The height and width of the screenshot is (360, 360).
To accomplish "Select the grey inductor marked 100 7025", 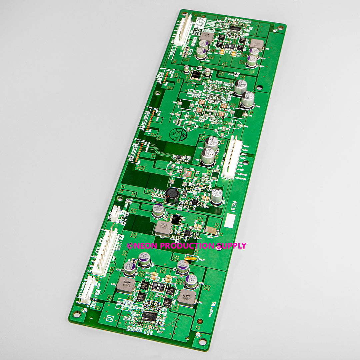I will [x=163, y=228].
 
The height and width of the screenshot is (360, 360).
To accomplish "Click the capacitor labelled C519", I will [x=130, y=268].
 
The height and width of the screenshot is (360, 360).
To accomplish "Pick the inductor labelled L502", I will [x=126, y=285].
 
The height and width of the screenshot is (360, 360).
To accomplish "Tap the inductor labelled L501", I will [x=186, y=296].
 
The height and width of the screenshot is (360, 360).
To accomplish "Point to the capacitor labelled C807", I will [x=248, y=99].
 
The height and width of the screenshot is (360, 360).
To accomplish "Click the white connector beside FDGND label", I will [x=232, y=157].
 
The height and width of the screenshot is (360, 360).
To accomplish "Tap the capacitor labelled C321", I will [x=201, y=53].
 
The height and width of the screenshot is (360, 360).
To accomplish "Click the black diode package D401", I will [x=176, y=219].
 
